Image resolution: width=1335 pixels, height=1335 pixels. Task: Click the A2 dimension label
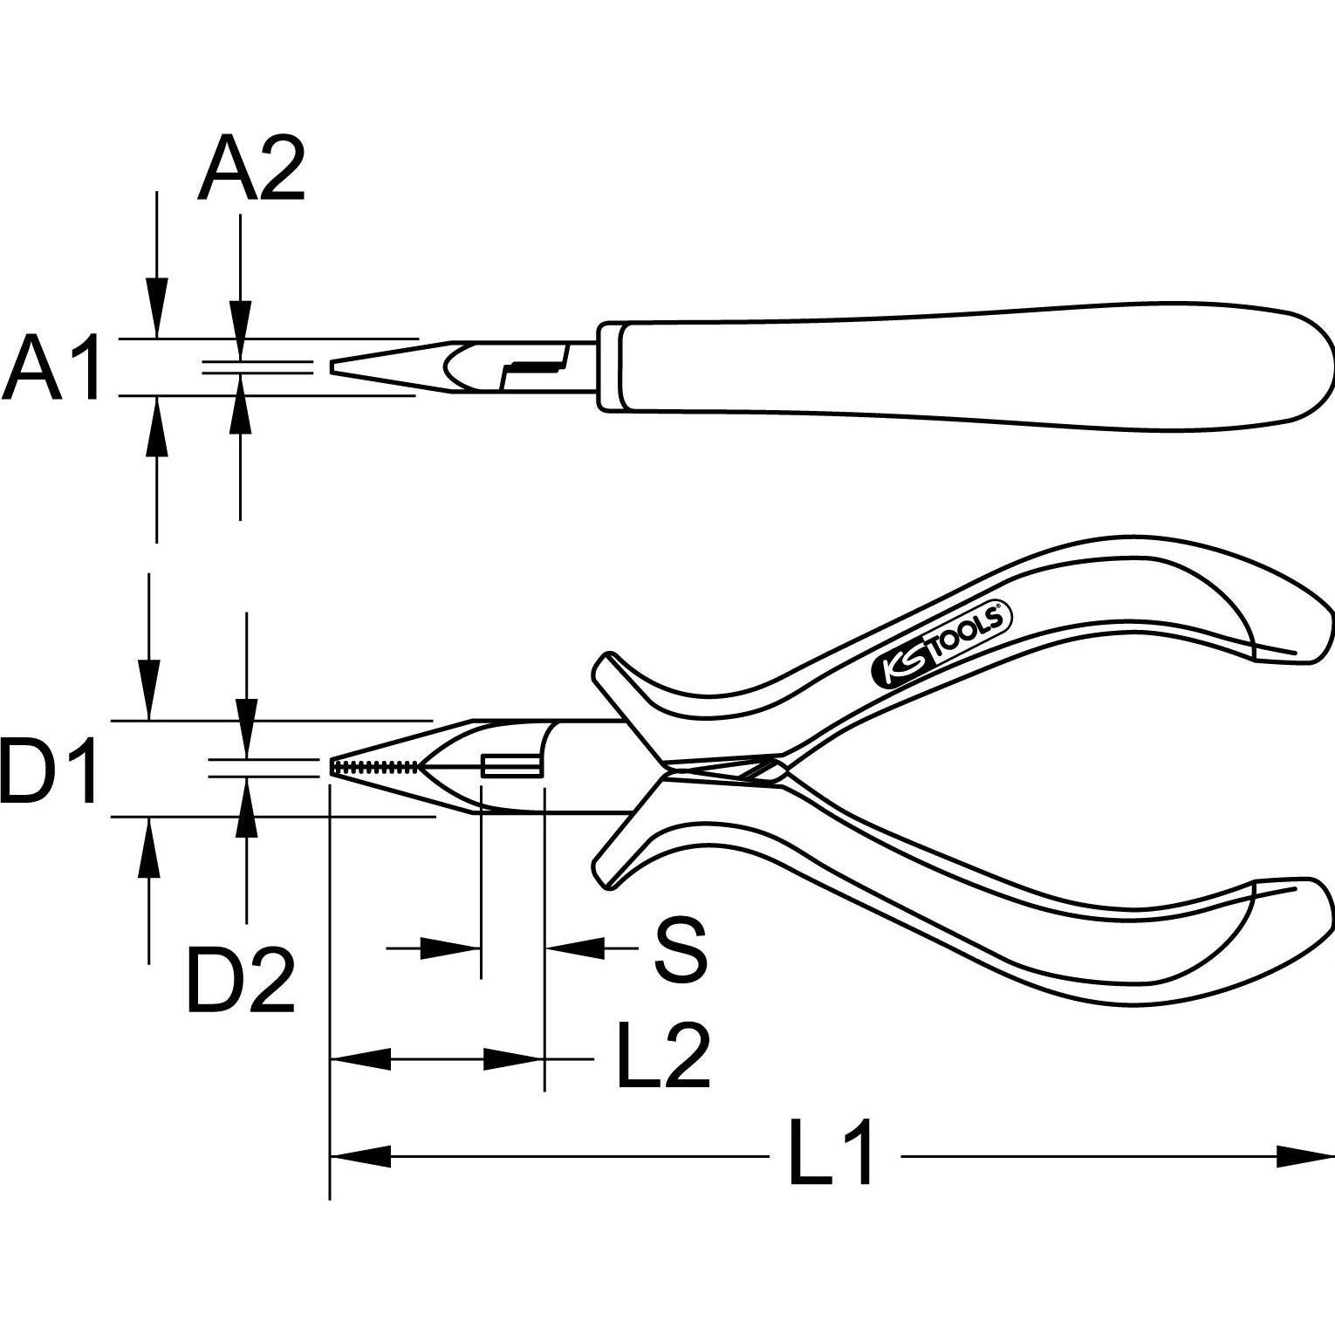tap(251, 171)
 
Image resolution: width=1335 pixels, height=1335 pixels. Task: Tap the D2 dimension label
tap(241, 982)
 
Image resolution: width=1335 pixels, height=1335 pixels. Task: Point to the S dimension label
tap(680, 949)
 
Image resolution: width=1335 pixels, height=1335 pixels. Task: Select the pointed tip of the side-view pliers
tap(333, 367)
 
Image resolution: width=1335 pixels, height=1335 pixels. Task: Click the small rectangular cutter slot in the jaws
tap(510, 767)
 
